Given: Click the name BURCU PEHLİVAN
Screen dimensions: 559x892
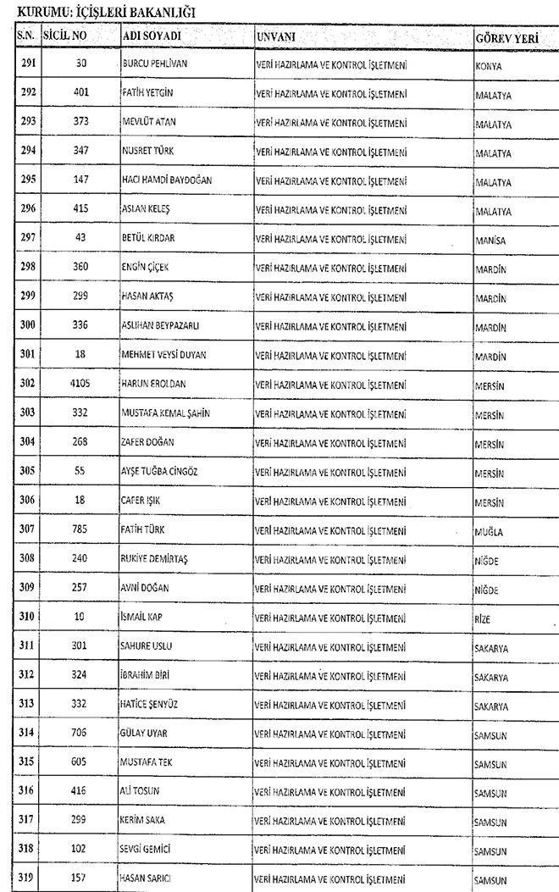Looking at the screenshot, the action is (x=155, y=64).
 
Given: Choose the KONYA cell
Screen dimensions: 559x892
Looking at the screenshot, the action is (x=487, y=65).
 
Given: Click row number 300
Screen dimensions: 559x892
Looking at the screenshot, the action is (x=27, y=325).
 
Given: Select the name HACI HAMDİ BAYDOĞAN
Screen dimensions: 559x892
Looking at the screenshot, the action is (x=167, y=181).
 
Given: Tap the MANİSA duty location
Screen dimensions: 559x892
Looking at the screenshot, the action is (x=490, y=241).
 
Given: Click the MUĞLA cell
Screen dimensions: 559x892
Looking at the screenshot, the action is (x=489, y=532).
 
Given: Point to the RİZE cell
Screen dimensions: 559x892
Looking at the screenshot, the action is (x=483, y=619).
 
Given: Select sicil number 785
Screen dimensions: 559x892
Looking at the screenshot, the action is (x=80, y=530).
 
